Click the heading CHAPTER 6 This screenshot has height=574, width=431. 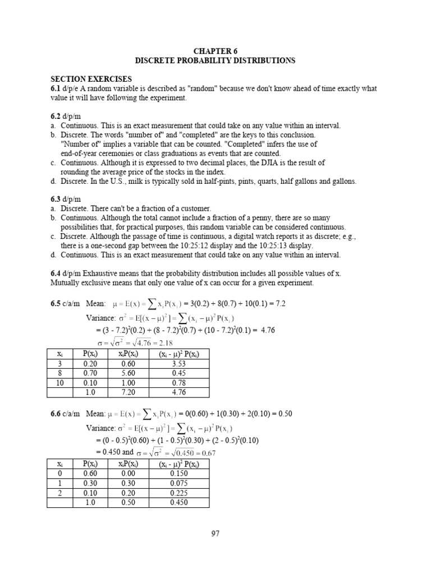coord(215,50)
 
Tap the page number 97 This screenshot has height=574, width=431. coord(215,534)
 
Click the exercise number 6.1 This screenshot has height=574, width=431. coord(57,89)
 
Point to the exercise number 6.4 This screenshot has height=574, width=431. coord(57,273)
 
